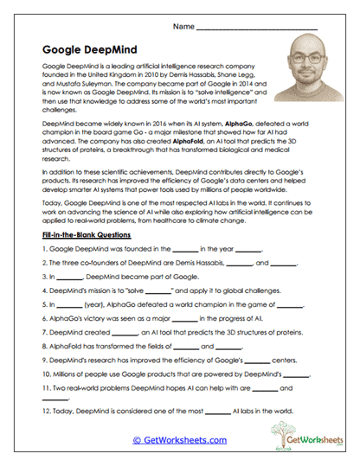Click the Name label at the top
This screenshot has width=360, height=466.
point(183,28)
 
